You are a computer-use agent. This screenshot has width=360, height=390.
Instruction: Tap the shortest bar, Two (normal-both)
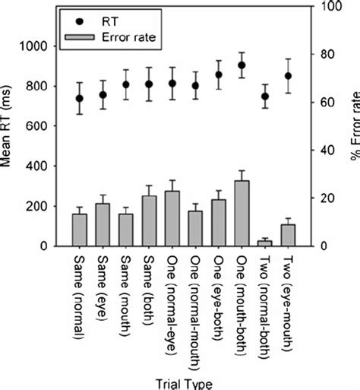point(265,243)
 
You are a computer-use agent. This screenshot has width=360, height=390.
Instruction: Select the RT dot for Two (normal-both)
point(265,97)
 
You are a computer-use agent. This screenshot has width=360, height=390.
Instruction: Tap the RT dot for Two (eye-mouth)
point(288,76)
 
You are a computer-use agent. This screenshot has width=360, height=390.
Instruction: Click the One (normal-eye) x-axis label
point(172,312)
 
